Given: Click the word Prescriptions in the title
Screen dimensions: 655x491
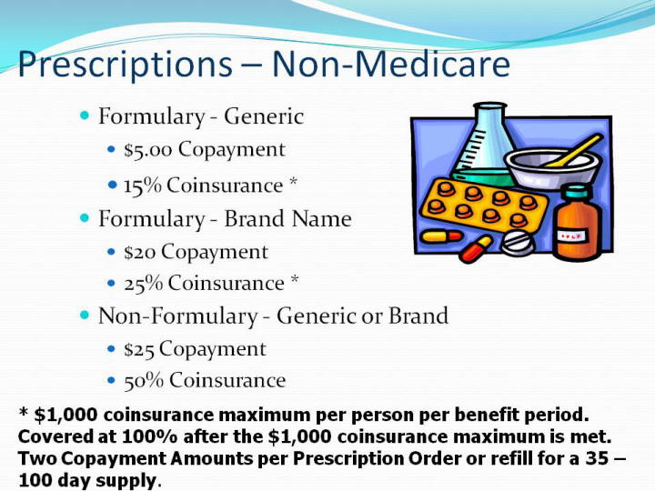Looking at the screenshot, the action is [x=125, y=65].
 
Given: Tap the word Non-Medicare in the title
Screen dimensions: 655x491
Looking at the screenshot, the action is [x=391, y=64].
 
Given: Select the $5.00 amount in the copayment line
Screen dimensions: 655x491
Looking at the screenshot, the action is [x=148, y=150].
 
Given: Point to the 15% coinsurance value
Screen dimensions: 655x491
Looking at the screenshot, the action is [x=143, y=185].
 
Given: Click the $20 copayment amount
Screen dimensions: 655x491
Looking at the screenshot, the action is [x=139, y=252].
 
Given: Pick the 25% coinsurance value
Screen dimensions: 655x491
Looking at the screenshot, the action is [x=144, y=283].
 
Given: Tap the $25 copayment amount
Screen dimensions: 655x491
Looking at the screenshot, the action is [x=139, y=349].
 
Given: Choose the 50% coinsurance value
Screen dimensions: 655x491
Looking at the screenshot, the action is [x=144, y=381].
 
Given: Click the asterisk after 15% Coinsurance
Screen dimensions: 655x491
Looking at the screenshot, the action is [x=293, y=182].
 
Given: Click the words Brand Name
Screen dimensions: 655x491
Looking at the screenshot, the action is [x=287, y=219].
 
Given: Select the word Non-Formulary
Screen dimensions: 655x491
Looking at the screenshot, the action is [x=177, y=316].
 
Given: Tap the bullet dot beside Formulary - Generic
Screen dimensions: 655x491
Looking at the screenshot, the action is [x=85, y=115].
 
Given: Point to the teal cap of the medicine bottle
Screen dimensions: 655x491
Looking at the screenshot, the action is [x=577, y=192].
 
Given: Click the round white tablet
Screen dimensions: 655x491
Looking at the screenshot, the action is [x=518, y=243].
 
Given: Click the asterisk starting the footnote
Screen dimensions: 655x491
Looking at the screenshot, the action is [x=23, y=413].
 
